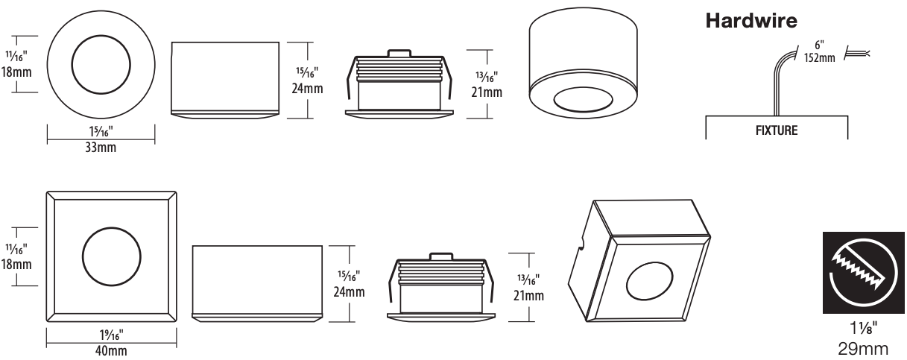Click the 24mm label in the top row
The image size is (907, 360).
tap(306, 85)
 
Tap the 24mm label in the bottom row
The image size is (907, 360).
tap(350, 290)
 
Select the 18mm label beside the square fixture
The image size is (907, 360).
tap(16, 264)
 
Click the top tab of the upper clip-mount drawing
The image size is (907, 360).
tap(399, 53)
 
